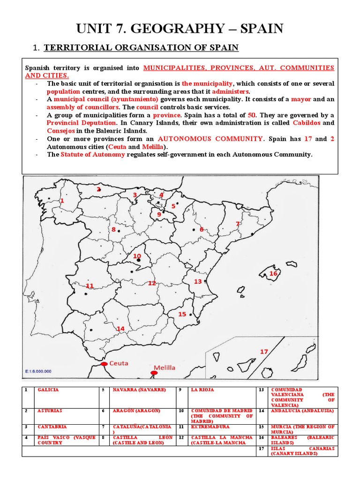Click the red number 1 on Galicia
coord(61,201)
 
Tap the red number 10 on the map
coord(137,256)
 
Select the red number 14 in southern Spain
coord(120,329)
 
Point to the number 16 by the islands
coord(273,273)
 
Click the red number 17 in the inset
coord(264,352)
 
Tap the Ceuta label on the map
coord(119,363)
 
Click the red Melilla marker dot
coord(153,373)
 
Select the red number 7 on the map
coord(238,224)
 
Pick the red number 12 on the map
coord(152,283)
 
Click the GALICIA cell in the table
coord(49,390)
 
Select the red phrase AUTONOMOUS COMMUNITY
coord(210,139)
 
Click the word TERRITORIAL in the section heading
coord(73,47)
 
